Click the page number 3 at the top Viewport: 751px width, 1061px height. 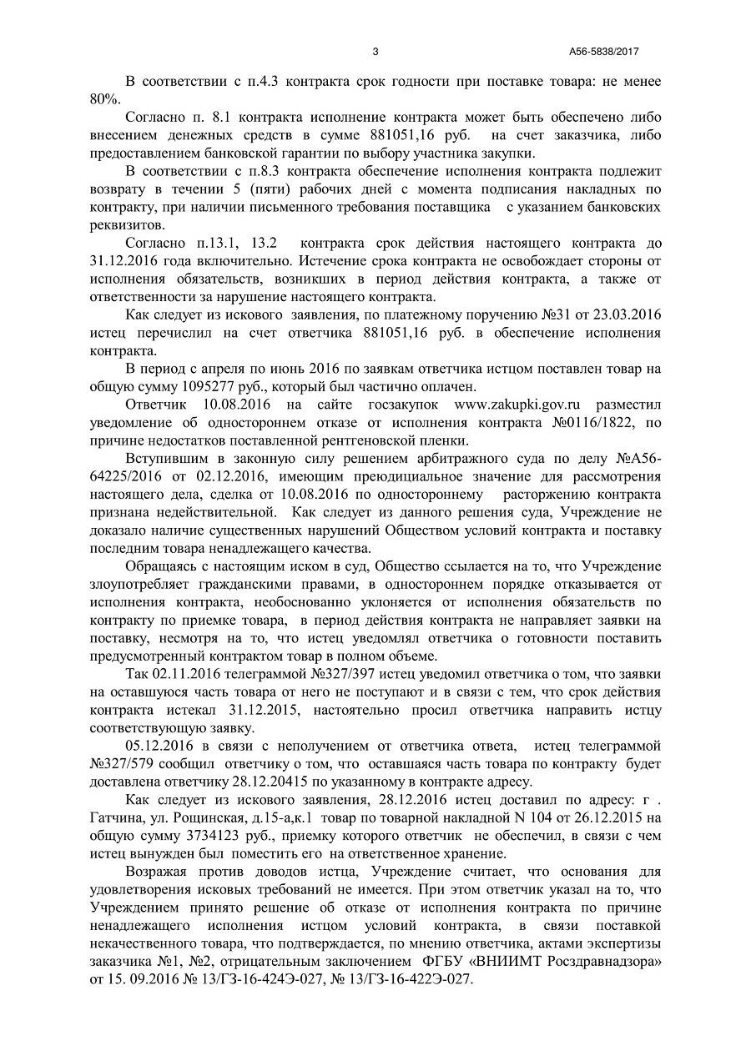375,52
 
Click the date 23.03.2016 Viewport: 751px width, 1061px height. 618,314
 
